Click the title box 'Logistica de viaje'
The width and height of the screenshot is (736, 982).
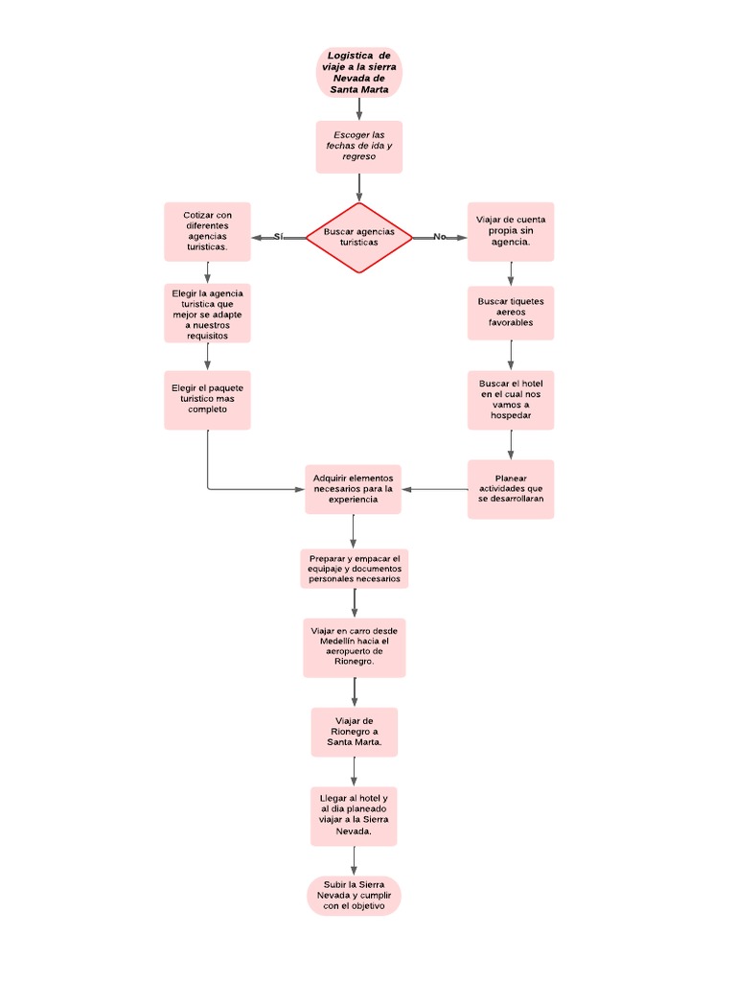pyautogui.click(x=359, y=73)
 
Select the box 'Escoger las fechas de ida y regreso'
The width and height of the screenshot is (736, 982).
pyautogui.click(x=359, y=146)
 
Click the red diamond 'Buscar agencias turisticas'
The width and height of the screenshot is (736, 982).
pyautogui.click(x=359, y=237)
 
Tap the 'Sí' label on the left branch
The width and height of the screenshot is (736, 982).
pyautogui.click(x=279, y=237)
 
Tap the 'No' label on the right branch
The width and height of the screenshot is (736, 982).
pyautogui.click(x=440, y=237)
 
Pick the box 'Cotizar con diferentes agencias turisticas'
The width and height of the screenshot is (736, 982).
pyautogui.click(x=207, y=231)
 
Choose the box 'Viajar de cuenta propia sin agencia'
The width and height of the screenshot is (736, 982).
pyautogui.click(x=511, y=231)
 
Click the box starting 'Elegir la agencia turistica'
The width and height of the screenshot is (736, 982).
pyautogui.click(x=207, y=314)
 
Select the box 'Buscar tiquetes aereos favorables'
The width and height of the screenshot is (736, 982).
pyautogui.click(x=511, y=312)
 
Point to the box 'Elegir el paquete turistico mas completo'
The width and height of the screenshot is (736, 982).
pyautogui.click(x=207, y=399)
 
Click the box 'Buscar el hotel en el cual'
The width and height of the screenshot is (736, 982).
pyautogui.click(x=511, y=400)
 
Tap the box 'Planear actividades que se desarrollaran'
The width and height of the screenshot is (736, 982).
pyautogui.click(x=511, y=489)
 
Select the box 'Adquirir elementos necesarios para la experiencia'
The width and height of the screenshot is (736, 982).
pyautogui.click(x=354, y=489)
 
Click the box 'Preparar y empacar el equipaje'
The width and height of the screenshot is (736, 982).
pyautogui.click(x=355, y=568)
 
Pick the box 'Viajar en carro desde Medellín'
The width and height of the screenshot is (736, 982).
pyautogui.click(x=355, y=647)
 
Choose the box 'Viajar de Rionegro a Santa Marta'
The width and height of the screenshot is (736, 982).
pyautogui.click(x=355, y=732)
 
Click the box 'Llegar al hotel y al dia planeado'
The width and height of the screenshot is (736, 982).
pyautogui.click(x=354, y=815)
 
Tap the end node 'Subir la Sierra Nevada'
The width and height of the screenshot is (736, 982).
pyautogui.click(x=354, y=895)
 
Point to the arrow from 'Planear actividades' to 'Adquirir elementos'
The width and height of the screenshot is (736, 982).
pyautogui.click(x=435, y=489)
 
